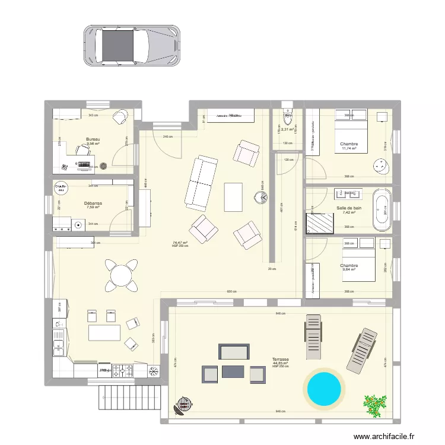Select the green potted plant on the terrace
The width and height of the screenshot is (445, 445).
click(374, 405)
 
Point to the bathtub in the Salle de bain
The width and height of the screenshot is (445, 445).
click(382, 209)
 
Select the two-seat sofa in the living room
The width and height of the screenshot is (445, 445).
click(198, 183)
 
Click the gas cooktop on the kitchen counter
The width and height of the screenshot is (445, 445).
click(123, 371)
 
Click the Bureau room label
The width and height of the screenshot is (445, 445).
click(93, 139)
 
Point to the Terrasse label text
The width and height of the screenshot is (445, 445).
click(281, 359)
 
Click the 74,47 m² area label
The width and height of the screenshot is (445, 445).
click(180, 242)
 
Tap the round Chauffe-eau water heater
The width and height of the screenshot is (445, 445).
click(60, 187)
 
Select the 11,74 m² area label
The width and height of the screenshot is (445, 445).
click(349, 149)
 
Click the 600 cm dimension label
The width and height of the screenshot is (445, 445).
click(231, 291)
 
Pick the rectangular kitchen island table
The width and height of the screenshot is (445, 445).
click(104, 332)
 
